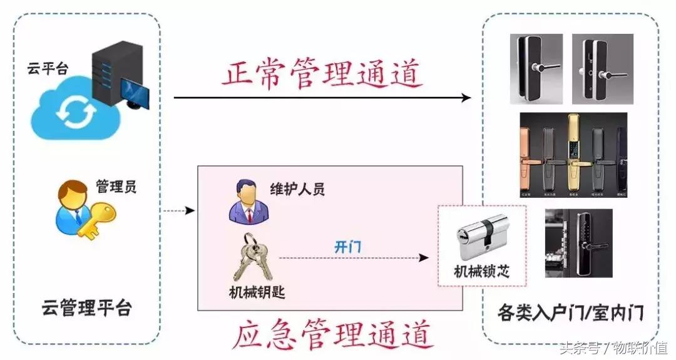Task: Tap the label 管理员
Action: (x=116, y=186)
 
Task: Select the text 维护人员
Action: (x=297, y=189)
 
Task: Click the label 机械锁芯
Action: (x=482, y=272)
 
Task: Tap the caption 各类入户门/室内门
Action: (x=570, y=311)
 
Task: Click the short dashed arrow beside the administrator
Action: (x=178, y=211)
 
